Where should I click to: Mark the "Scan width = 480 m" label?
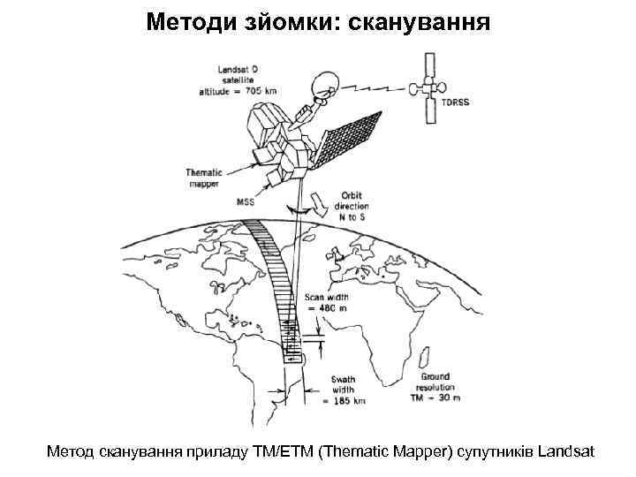pos(326,304)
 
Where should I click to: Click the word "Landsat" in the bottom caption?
pos(565,452)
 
